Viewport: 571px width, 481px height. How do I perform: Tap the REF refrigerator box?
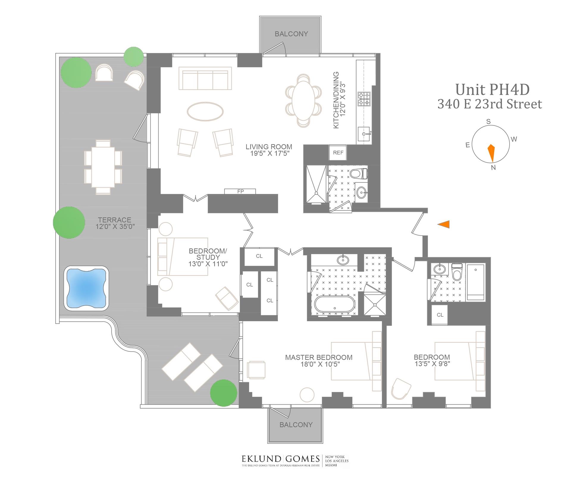[x=338, y=153]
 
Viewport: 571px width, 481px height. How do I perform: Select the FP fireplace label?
[x=240, y=192]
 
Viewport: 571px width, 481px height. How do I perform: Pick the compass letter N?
[x=493, y=167]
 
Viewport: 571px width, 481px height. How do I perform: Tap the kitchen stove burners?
[x=364, y=99]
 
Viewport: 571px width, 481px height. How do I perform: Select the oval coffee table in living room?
[x=205, y=112]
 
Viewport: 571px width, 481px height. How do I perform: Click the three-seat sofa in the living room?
[x=205, y=78]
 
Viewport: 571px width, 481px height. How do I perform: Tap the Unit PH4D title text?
[x=492, y=90]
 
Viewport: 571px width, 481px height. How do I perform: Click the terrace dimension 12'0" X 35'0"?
[x=115, y=226]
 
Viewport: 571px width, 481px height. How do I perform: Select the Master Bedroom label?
[x=319, y=357]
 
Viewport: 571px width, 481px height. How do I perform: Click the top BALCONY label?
[x=291, y=34]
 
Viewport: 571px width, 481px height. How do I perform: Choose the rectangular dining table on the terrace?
[x=103, y=167]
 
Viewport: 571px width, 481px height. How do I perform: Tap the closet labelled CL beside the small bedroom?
[x=440, y=315]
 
